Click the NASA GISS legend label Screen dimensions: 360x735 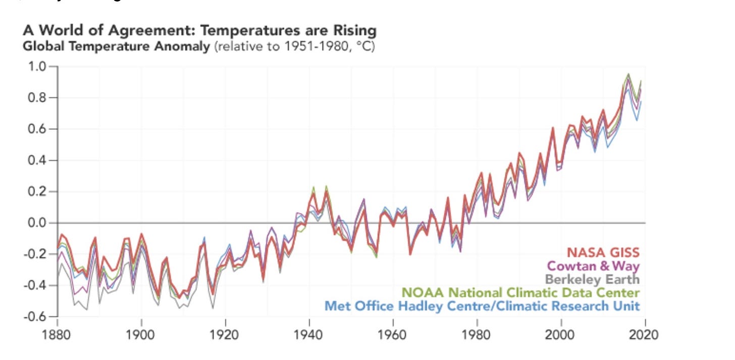pyautogui.click(x=603, y=252)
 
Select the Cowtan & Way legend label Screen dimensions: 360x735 pyautogui.click(x=593, y=266)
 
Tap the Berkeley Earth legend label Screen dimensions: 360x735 pyautogui.click(x=592, y=279)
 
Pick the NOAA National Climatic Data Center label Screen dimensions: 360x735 pyautogui.click(x=520, y=293)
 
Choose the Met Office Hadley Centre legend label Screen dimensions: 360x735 pyautogui.click(x=482, y=306)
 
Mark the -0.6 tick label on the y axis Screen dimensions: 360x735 pyautogui.click(x=37, y=317)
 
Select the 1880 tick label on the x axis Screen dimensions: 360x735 pyautogui.click(x=58, y=335)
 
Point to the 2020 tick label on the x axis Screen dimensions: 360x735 pyautogui.click(x=645, y=335)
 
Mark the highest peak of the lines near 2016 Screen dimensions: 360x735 pyautogui.click(x=628, y=74)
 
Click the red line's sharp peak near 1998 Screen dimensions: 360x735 pyautogui.click(x=552, y=128)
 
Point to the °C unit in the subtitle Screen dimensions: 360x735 pyautogui.click(x=363, y=48)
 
